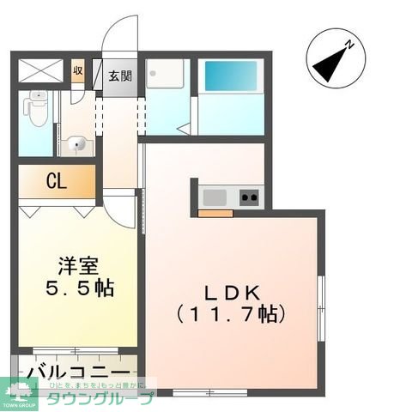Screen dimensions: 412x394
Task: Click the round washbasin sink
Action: (75, 143)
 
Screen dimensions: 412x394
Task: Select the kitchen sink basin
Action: (213, 197)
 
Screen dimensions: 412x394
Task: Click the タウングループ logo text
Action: (100, 397)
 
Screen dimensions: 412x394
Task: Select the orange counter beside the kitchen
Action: (215, 212)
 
